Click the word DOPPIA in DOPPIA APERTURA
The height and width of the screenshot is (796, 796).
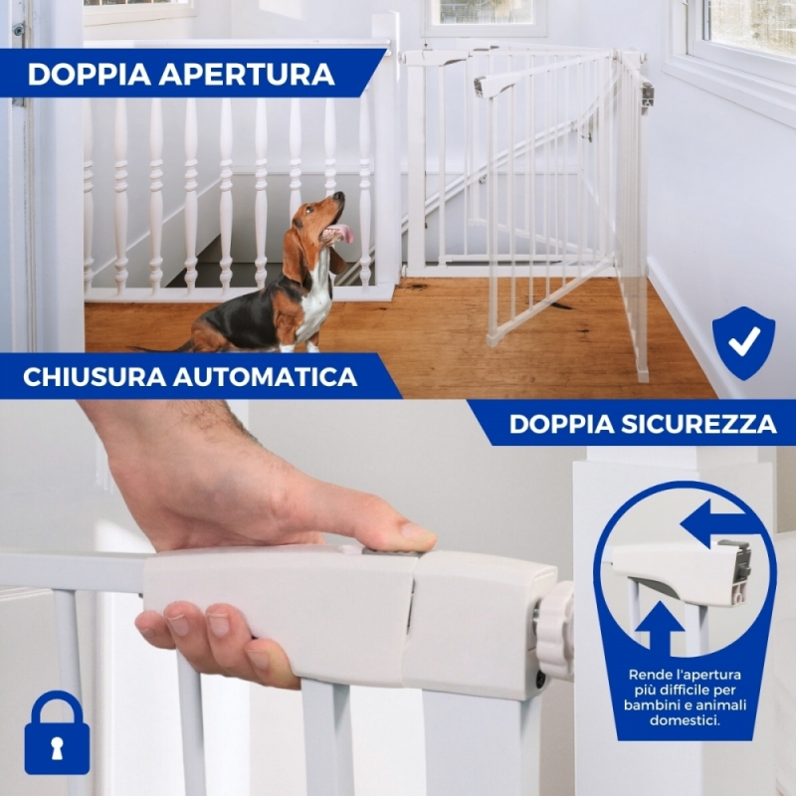point(90,74)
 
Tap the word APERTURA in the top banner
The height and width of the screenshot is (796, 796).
point(247,74)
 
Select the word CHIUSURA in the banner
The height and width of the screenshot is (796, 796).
point(95,377)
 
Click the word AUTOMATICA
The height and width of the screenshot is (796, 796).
point(266,377)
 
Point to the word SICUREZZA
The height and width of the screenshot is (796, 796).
point(699,424)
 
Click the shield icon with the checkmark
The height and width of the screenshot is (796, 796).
point(743,342)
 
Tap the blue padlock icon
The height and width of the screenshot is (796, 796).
point(57,732)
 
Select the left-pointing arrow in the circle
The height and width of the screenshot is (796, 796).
point(714,523)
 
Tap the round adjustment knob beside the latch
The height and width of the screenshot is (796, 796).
point(555,631)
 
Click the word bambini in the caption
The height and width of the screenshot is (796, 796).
point(649,705)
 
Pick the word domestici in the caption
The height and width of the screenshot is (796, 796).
point(685,720)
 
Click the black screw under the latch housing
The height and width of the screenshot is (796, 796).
point(540,679)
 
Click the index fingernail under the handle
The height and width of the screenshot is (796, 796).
point(178,625)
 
